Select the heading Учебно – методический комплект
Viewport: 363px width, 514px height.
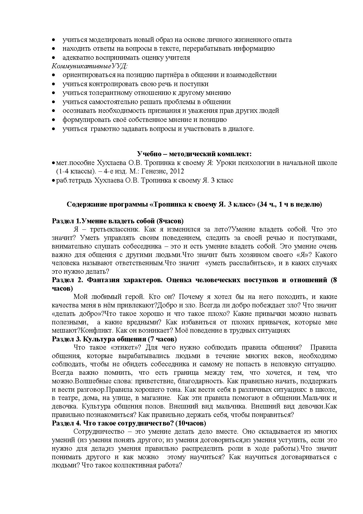[x=194, y=154]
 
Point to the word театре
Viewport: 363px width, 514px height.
[x=68, y=398]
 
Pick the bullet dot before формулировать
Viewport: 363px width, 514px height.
[x=54, y=120]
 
